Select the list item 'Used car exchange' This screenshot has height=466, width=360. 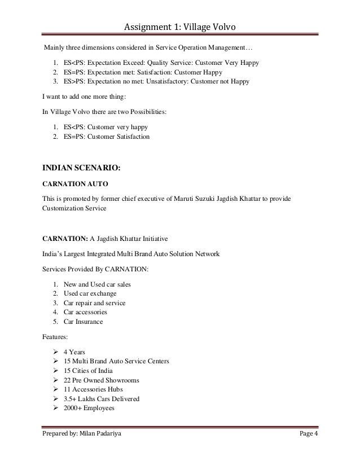(x=90, y=294)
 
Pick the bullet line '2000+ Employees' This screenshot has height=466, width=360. (x=89, y=408)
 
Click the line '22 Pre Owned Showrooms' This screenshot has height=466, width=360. (x=101, y=380)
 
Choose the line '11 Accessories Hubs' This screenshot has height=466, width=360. (x=94, y=389)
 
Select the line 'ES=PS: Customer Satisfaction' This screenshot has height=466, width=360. (x=107, y=136)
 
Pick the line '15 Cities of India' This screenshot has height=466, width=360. (x=89, y=370)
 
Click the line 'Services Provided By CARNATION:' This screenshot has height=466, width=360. (x=96, y=270)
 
